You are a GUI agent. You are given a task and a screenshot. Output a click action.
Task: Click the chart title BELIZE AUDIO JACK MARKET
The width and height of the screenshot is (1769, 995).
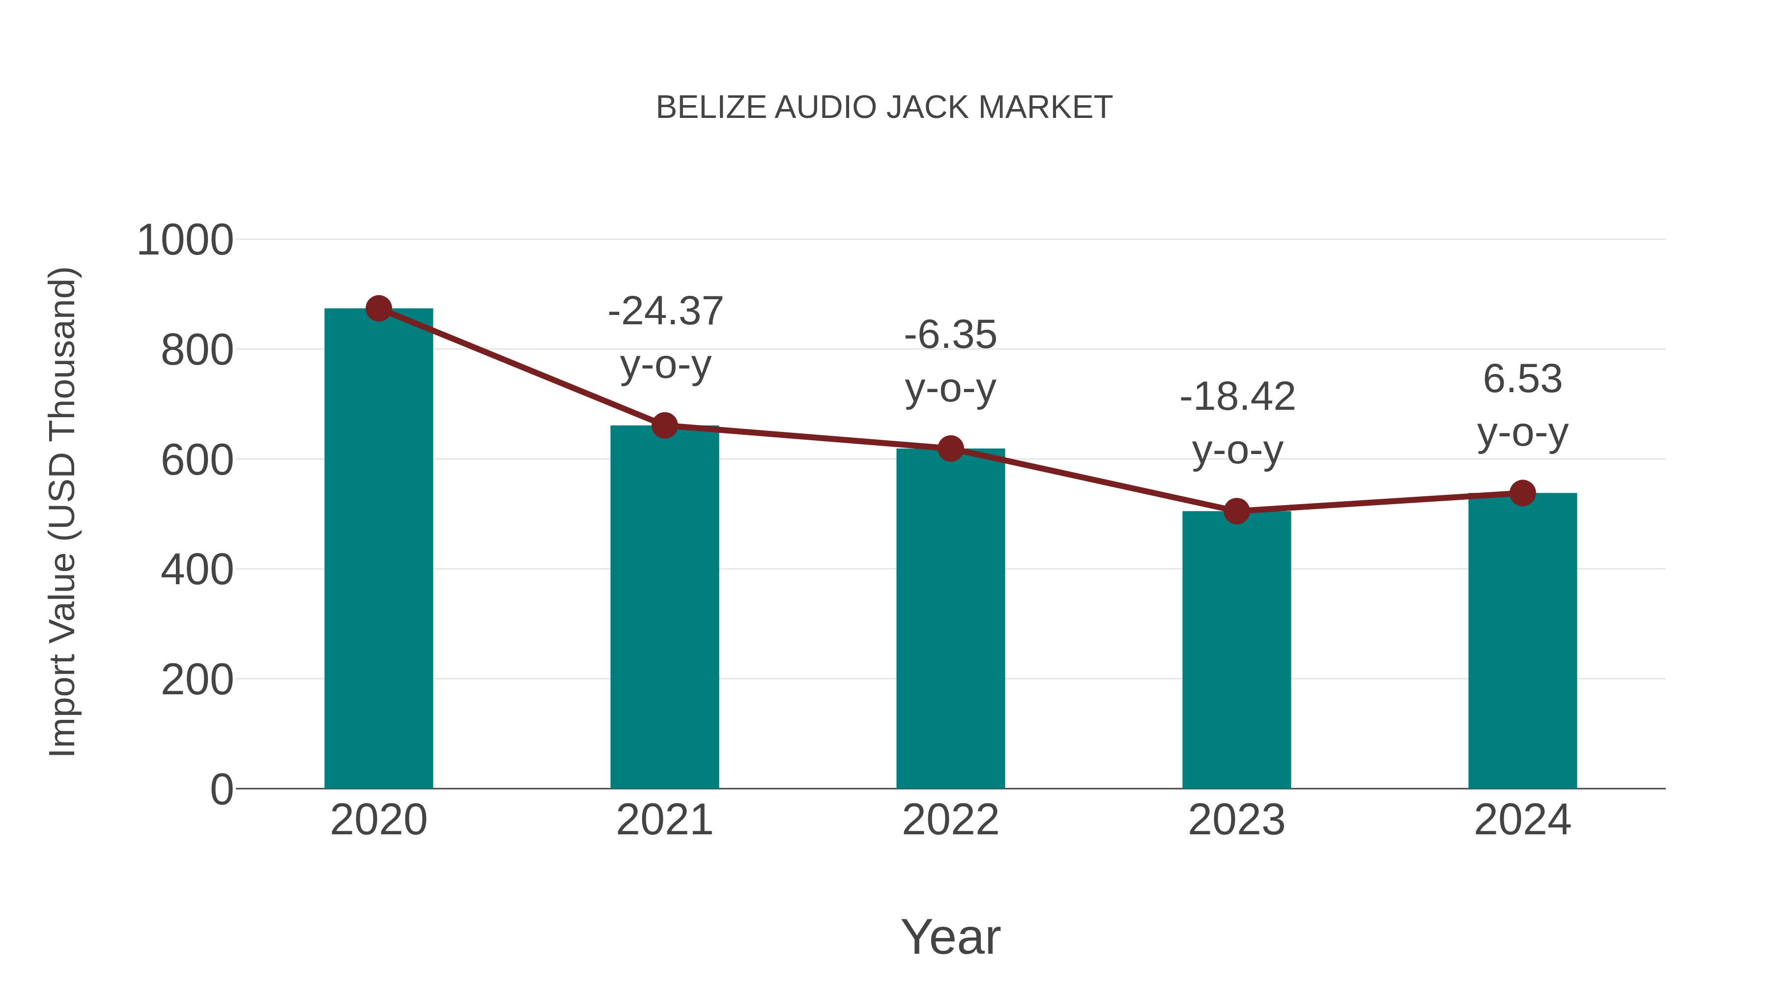point(884,108)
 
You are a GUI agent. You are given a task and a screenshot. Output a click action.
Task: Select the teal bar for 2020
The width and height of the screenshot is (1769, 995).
point(378,549)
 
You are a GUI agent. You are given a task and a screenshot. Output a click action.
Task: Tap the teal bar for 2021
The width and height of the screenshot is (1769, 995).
point(664,608)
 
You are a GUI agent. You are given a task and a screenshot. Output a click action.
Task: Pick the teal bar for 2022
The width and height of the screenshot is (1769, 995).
point(950,618)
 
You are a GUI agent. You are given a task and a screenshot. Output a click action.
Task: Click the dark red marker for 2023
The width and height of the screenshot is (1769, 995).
point(1236,511)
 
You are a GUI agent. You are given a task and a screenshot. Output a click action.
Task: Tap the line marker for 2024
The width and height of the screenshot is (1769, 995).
point(1522,492)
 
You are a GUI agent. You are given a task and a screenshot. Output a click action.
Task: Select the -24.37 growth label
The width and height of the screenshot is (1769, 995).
point(665,312)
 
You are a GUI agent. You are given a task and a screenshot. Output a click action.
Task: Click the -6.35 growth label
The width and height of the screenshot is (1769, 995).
point(950,336)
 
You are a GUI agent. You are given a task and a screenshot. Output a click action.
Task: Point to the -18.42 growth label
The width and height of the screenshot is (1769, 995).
point(1237,397)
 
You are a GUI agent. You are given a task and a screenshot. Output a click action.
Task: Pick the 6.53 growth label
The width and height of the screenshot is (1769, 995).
point(1522,379)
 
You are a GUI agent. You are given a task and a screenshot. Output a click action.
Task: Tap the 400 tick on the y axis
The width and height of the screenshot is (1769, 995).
point(197,570)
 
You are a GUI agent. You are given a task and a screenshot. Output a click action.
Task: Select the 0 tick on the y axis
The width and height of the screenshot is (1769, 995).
point(222,789)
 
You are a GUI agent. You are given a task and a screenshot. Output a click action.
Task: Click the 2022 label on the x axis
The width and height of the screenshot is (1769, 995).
point(950,820)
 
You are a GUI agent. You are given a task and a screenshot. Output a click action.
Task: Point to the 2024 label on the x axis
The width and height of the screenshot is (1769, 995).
point(1522,820)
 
